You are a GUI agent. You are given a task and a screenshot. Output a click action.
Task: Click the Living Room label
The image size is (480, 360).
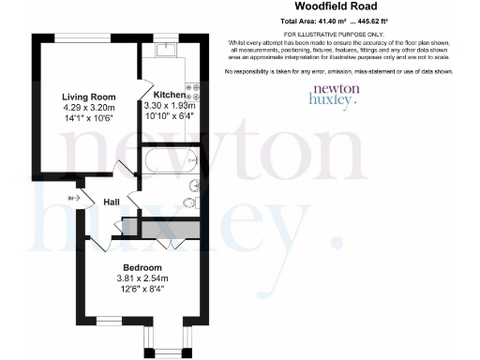point(88,97)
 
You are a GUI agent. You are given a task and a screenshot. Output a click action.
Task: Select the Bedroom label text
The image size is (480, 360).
point(142,267)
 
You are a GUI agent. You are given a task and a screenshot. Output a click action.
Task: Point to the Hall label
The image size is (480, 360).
point(112,202)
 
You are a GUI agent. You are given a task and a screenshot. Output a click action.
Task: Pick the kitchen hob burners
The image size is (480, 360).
point(194,92)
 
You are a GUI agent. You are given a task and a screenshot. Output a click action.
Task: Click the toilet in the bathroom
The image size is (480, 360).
point(189,203)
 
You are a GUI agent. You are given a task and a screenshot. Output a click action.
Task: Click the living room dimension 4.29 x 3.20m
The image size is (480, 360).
point(88,107)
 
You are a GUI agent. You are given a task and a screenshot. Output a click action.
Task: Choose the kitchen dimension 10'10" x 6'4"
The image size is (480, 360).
point(169,116)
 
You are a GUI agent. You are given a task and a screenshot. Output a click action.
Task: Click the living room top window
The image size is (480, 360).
point(88,42)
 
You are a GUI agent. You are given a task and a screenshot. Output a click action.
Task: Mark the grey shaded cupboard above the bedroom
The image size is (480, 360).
point(164,228)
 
